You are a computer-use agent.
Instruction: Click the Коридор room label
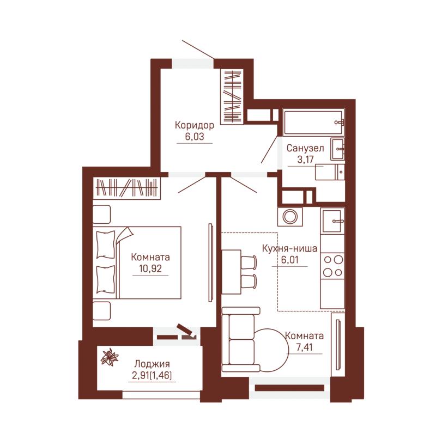tap(195, 125)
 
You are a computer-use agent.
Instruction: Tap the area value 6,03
tap(195, 137)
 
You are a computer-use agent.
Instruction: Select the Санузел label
tap(305, 148)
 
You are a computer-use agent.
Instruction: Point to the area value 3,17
tap(305, 160)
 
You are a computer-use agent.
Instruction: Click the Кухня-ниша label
tap(289, 248)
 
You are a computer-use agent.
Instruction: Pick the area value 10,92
tap(150, 268)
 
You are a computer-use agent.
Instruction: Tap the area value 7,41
tap(305, 347)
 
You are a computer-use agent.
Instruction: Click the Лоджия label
tap(152, 364)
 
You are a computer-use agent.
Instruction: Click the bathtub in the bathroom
tap(313, 123)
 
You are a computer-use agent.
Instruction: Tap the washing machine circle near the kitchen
tap(289, 217)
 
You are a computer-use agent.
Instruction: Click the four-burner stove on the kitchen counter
tap(332, 266)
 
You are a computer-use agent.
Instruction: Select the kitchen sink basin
tap(332, 221)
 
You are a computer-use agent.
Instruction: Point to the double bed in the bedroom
tap(137, 262)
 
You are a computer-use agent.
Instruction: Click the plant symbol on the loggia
tap(110, 357)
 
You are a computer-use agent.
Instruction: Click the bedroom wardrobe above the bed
tap(126, 188)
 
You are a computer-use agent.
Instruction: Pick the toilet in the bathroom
tap(330, 172)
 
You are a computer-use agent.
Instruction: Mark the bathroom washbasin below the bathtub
tap(337, 149)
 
